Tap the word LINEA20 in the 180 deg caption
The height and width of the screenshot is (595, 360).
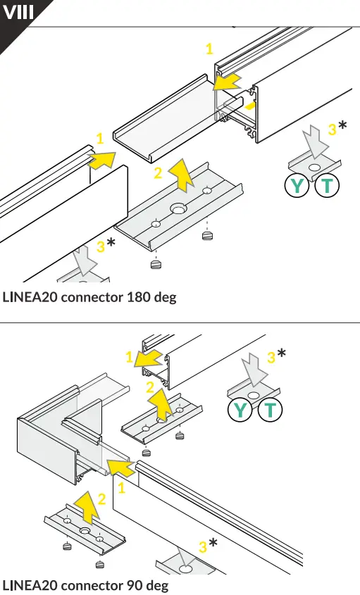30,296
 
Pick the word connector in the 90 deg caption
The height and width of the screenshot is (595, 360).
91,585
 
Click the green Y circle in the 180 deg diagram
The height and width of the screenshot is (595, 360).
297,187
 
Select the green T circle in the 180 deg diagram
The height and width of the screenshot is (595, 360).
328,187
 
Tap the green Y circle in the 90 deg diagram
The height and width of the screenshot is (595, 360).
240,409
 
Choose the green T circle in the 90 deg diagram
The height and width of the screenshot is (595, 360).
270,409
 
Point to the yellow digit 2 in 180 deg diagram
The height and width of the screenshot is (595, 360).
158,173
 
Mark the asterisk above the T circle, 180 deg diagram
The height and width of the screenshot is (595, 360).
342,126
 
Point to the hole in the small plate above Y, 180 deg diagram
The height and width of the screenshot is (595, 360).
313,167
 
